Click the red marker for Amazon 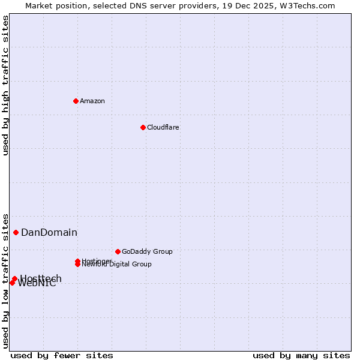76,101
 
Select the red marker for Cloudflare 143,127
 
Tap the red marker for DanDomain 16,232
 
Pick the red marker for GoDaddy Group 118,251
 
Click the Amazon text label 92,101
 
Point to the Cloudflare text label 163,127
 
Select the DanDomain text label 49,233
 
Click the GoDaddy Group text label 147,251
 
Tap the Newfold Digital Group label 116,265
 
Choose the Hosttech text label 41,278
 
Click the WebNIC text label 37,284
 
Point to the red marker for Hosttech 14,279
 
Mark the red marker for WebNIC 12,283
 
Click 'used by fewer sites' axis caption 62,355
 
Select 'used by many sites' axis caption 301,355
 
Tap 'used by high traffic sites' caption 6,85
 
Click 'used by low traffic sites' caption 6,281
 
